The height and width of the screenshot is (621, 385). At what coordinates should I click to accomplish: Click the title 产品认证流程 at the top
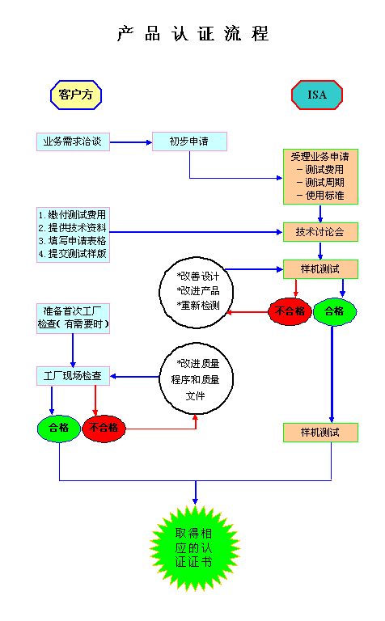tap(192, 34)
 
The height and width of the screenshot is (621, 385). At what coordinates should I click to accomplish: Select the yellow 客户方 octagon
tap(77, 95)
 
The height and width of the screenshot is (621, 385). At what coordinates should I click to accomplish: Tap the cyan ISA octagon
tap(317, 95)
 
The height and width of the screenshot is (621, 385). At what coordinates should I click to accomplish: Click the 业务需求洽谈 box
tap(72, 142)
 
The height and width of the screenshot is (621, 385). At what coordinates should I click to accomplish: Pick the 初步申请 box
tap(188, 142)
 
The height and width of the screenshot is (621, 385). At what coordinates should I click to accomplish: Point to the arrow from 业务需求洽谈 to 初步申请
tap(131, 142)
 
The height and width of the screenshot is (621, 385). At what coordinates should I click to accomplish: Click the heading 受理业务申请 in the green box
tap(320, 157)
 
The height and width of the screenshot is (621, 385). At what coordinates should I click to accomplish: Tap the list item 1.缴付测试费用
tap(72, 215)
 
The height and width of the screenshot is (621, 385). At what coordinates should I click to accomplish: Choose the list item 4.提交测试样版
tap(72, 253)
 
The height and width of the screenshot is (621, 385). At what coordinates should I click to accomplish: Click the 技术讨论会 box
tap(320, 232)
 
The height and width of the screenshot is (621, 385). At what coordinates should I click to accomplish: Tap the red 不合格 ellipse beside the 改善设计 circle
tap(290, 311)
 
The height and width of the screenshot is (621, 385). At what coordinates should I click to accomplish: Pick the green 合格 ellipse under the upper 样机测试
tap(335, 311)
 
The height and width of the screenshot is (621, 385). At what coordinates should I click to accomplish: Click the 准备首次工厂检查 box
tap(73, 317)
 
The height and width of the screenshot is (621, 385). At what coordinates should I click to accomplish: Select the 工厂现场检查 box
tap(72, 376)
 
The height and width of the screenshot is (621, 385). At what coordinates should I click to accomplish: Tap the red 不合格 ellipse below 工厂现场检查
tap(104, 428)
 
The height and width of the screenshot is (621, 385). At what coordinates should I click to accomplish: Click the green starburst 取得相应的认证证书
tap(195, 547)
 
